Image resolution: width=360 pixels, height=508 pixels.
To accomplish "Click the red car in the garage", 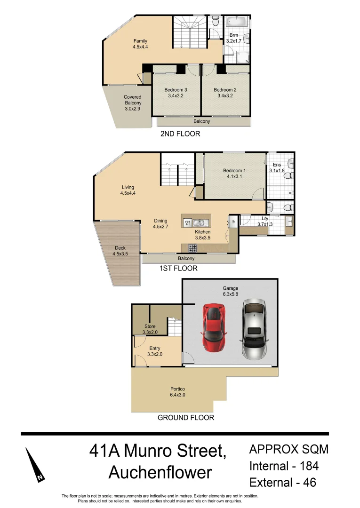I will pyautogui.click(x=214, y=327).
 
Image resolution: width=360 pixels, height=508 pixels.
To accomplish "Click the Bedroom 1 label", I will pyautogui.click(x=234, y=174).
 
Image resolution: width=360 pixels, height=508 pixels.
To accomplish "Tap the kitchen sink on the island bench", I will pyautogui.click(x=197, y=223).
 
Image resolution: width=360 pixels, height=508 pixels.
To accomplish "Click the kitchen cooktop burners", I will pyautogui.click(x=193, y=248).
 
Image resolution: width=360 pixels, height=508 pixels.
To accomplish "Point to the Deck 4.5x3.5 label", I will pyautogui.click(x=120, y=251).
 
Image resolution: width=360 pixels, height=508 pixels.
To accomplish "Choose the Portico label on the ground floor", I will pyautogui.click(x=177, y=392).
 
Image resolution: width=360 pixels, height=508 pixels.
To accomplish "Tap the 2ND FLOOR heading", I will pyautogui.click(x=180, y=134).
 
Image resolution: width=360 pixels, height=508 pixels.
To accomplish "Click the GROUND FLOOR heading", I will pyautogui.click(x=185, y=417).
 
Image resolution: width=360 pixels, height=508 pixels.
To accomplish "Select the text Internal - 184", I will pyautogui.click(x=284, y=466).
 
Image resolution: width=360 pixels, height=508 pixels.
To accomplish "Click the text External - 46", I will pyautogui.click(x=282, y=482).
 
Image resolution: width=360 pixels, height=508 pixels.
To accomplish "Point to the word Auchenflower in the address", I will pyautogui.click(x=160, y=472).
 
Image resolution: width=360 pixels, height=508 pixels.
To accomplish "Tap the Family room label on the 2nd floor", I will pyautogui.click(x=140, y=44).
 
